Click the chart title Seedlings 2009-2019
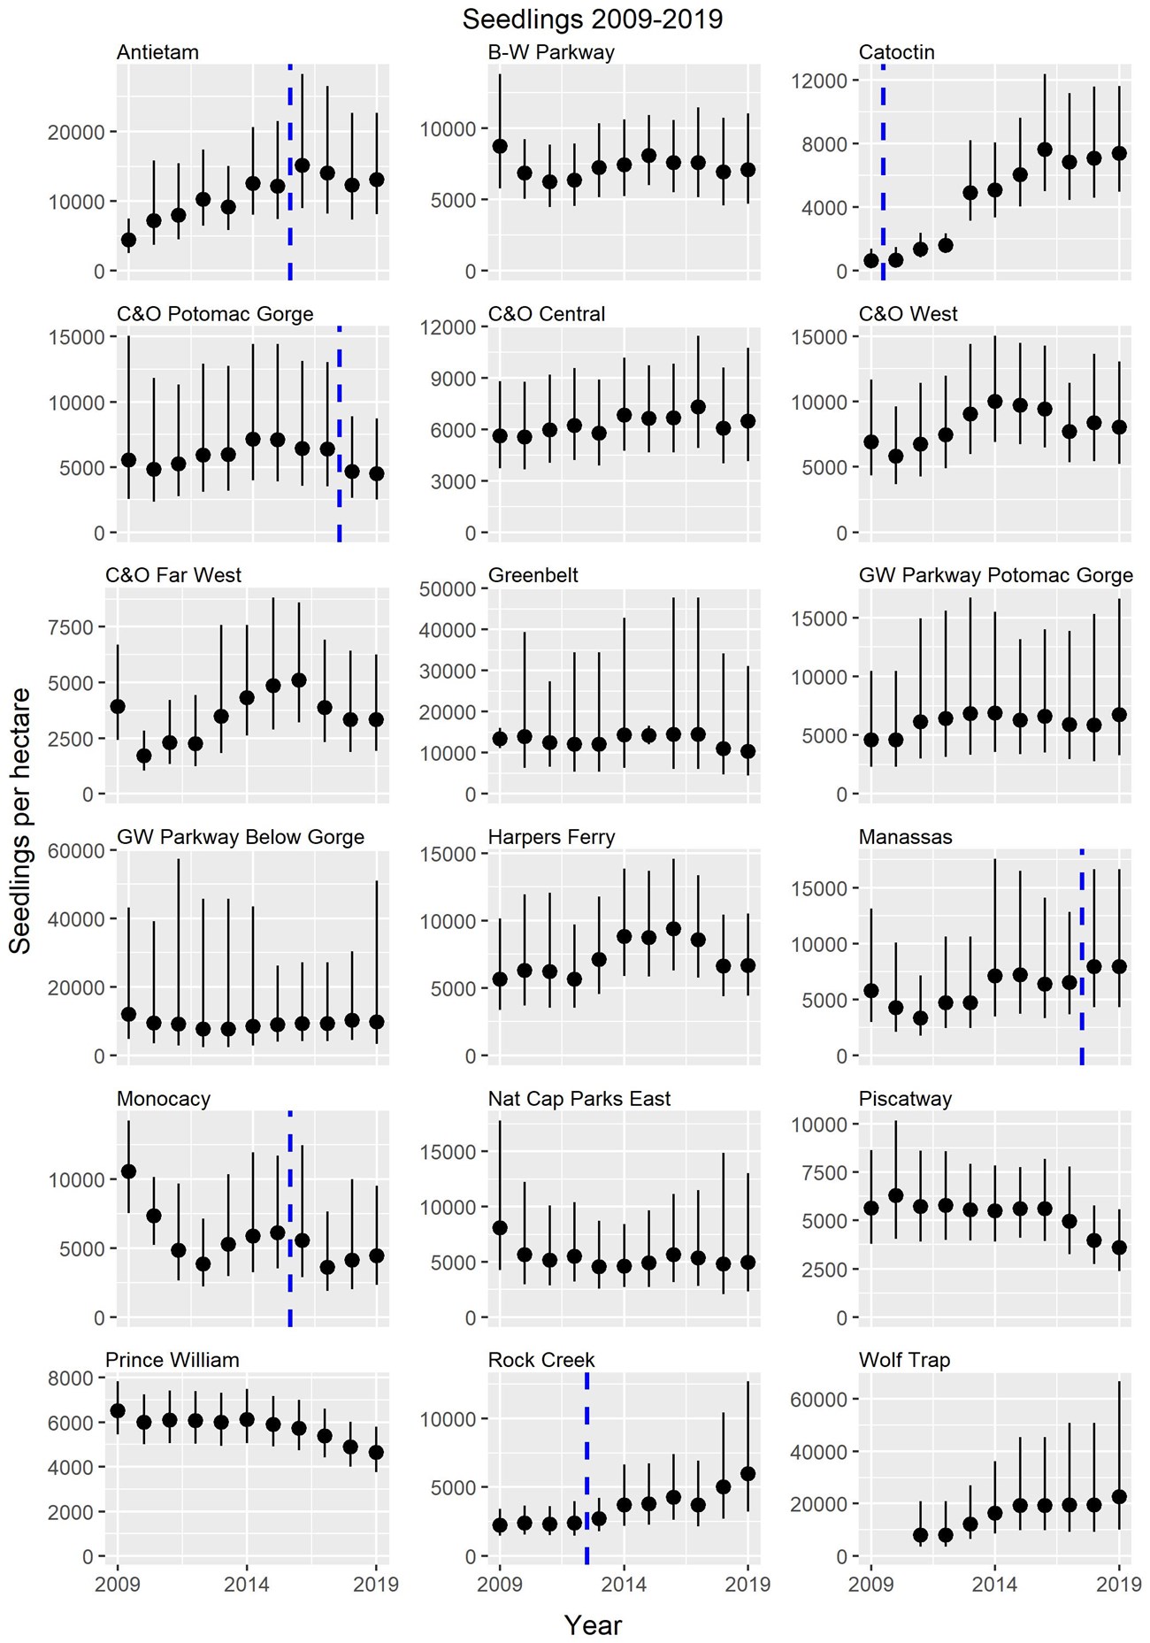[592, 19]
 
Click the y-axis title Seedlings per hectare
[20, 820]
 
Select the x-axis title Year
[593, 1624]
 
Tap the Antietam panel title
[157, 52]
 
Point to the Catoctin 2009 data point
[871, 260]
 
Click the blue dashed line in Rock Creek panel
[586, 1469]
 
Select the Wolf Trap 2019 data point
[1119, 1496]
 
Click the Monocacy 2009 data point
[129, 1171]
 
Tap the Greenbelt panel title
[533, 575]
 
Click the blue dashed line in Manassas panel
[1081, 956]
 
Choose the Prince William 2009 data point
[118, 1410]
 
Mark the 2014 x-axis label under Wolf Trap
[994, 1584]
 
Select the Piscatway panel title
[905, 1099]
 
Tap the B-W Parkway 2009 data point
[500, 146]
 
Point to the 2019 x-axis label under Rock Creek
[748, 1584]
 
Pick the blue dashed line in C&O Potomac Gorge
[339, 434]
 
